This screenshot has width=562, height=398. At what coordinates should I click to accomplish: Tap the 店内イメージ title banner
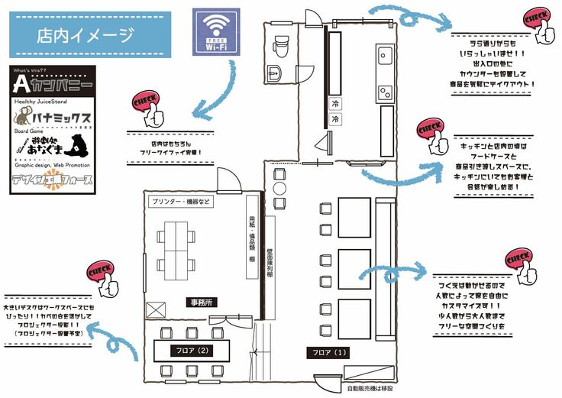(x=86, y=34)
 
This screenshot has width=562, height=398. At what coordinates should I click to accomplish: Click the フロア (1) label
(x=327, y=353)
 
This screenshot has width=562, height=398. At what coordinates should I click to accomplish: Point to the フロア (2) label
(x=191, y=351)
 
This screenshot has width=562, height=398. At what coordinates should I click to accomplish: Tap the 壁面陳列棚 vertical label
(x=270, y=264)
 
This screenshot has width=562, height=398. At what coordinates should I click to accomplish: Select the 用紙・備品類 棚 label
(x=252, y=228)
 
